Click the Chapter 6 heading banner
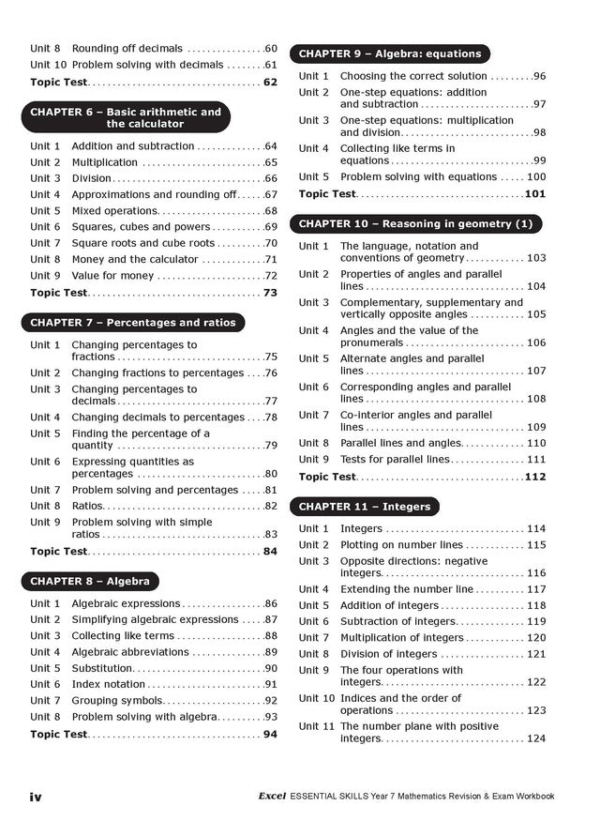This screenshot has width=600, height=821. pyautogui.click(x=125, y=117)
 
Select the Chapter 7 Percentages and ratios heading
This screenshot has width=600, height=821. pyautogui.click(x=133, y=322)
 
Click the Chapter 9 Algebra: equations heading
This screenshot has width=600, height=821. pyautogui.click(x=390, y=53)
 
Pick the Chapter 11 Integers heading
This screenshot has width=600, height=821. pyautogui.click(x=364, y=507)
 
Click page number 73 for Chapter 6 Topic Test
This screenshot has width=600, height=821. pyautogui.click(x=270, y=293)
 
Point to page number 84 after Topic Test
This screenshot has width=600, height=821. pyautogui.click(x=270, y=552)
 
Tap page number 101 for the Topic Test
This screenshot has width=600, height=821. pyautogui.click(x=535, y=194)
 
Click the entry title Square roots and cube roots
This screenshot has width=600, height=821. pyautogui.click(x=143, y=243)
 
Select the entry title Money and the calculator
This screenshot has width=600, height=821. pyautogui.click(x=135, y=259)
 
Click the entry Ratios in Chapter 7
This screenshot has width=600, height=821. pyautogui.click(x=87, y=506)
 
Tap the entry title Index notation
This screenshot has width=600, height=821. pyautogui.click(x=109, y=684)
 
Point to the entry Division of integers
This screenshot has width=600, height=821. pyautogui.click(x=388, y=654)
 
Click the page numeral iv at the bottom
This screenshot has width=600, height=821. pyautogui.click(x=36, y=797)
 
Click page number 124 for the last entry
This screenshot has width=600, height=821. pyautogui.click(x=536, y=738)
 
